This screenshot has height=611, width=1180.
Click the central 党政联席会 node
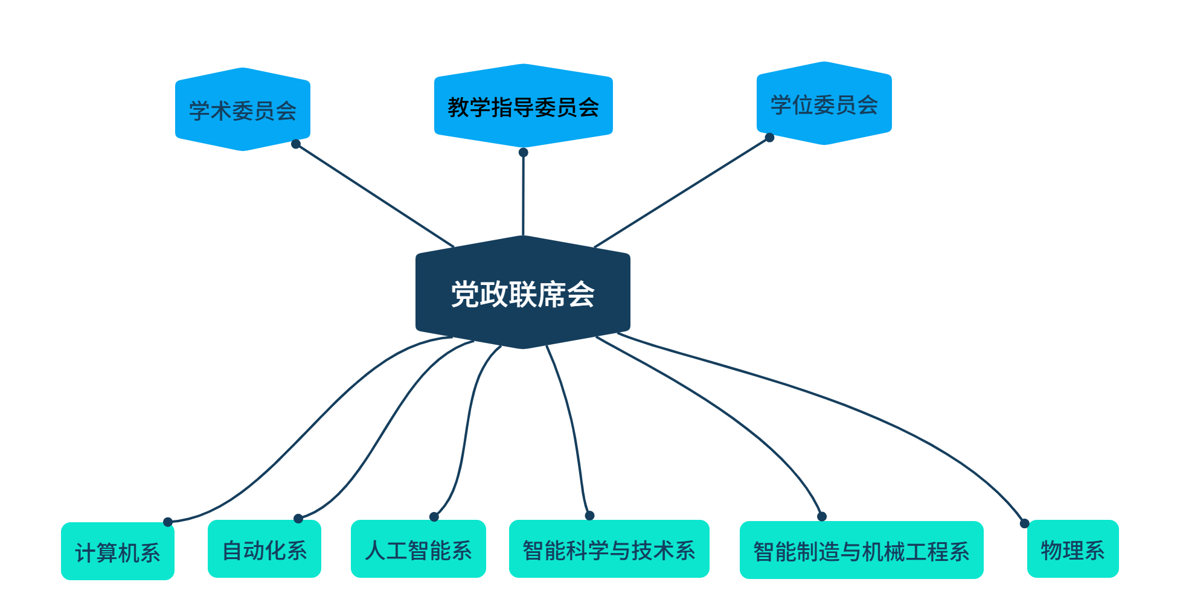pos(523,293)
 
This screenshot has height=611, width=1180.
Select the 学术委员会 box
pos(243,110)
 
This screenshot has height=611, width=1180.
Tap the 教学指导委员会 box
pos(523,107)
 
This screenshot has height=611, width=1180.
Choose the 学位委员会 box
pos(824,104)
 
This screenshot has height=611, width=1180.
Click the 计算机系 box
pos(118,552)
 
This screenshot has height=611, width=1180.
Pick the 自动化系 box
pos(265,549)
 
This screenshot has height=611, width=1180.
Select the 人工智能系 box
pos(418,549)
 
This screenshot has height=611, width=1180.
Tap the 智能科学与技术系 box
pos(609,549)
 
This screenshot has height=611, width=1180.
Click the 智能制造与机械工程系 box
pos(861,551)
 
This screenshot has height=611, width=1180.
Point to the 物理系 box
pos(1073,549)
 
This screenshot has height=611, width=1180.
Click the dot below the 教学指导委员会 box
pos(524,152)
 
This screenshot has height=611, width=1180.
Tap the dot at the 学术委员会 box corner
pos(296,144)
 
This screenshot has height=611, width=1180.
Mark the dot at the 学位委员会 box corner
pos(769,138)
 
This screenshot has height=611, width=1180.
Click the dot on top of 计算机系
pos(168,522)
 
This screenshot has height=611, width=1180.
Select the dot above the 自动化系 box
pos(298,519)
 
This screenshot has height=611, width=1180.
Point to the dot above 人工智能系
pos(434,517)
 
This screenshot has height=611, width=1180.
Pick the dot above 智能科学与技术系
pos(590,516)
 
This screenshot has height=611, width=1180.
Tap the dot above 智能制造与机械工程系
pos(822,517)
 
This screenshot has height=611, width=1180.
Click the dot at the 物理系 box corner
pos(1025,523)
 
